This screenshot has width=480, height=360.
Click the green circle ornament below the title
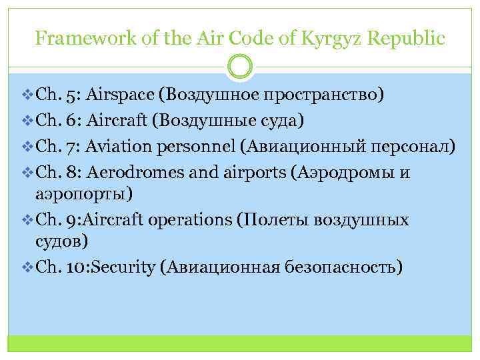[x=240, y=65]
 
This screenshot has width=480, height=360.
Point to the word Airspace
[x=121, y=95]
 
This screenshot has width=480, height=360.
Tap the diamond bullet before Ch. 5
[x=27, y=95]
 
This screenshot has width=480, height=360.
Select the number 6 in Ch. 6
[x=71, y=121]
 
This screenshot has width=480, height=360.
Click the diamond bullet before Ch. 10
[x=27, y=267]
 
